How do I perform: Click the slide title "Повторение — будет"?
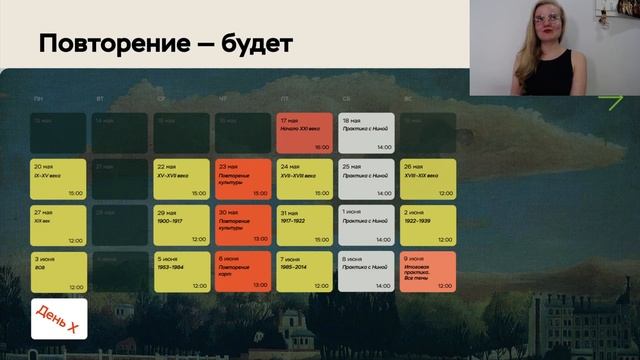166,43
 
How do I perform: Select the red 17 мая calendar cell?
304,133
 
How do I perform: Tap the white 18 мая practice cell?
366,133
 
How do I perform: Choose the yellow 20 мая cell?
59,179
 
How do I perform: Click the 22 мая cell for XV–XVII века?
181,179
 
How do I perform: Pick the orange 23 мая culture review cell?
243,179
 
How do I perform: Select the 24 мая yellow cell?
304,179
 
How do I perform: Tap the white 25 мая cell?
366,179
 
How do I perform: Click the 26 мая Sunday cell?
428,179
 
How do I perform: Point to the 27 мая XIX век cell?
59,225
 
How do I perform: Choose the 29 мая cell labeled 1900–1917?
181,225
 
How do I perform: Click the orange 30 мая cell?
243,225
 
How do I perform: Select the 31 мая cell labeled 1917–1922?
304,225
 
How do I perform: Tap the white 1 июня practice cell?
366,225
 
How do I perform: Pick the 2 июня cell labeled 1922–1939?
428,225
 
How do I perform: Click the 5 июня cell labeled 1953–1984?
181,271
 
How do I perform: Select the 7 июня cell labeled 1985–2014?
304,271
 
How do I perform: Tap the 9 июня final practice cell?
428,271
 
